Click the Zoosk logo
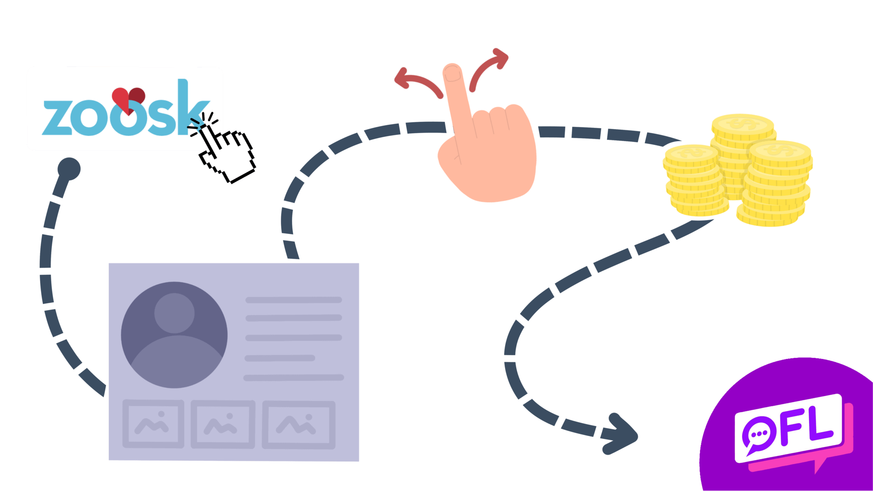(124, 109)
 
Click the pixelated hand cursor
(226, 149)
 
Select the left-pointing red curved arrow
(416, 81)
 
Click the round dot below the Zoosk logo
(69, 168)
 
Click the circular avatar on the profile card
(174, 335)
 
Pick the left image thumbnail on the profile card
(153, 424)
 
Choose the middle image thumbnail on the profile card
(223, 424)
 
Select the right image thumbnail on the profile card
(298, 425)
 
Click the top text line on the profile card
(293, 300)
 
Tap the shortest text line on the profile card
(280, 358)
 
